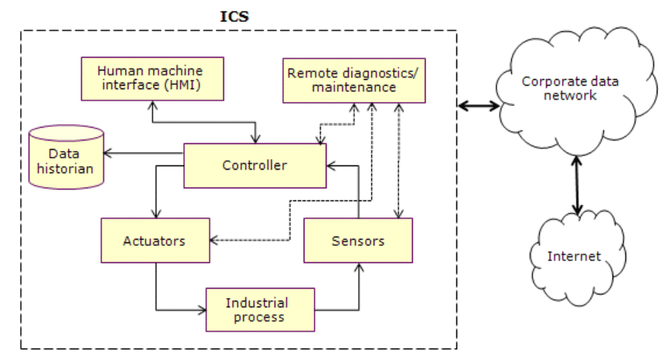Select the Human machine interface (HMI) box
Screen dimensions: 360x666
[150, 79]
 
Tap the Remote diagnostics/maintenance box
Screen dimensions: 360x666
[354, 80]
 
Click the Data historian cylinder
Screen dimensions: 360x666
[66, 158]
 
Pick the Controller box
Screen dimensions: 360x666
[255, 165]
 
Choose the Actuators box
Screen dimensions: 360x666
[155, 240]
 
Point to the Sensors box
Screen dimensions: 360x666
[358, 240]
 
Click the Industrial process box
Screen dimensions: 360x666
[260, 309]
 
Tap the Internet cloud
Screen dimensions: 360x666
[574, 256]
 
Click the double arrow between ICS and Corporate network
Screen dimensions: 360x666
[478, 106]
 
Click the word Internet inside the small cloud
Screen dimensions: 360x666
[574, 256]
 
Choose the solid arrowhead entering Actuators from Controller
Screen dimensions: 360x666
[155, 214]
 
